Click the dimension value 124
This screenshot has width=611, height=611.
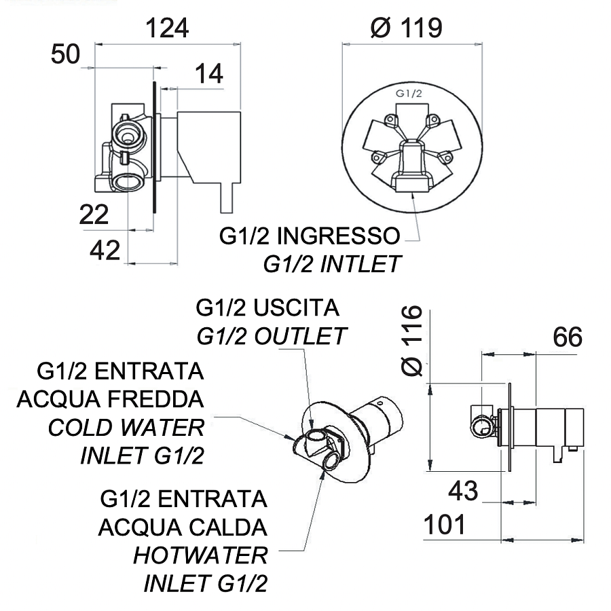[x=167, y=28]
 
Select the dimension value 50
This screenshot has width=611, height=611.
[x=65, y=54]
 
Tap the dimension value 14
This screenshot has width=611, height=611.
[x=209, y=73]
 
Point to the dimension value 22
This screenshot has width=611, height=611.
[x=94, y=215]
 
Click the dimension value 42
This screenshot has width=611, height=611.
[x=105, y=250]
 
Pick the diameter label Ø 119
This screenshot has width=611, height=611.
[x=407, y=28]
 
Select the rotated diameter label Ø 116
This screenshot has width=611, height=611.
[x=412, y=340]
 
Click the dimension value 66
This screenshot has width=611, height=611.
[x=568, y=337]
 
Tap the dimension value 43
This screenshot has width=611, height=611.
[x=463, y=491]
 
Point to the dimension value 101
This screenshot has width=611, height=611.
[x=445, y=525]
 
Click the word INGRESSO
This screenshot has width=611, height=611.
[x=339, y=236]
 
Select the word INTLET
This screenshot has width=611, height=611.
[x=360, y=264]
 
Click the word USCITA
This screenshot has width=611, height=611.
[x=296, y=308]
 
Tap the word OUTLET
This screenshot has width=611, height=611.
[x=300, y=336]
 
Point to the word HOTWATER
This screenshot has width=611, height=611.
[x=200, y=555]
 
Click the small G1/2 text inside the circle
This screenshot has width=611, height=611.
[x=409, y=94]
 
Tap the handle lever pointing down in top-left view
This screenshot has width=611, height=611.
[x=227, y=198]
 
